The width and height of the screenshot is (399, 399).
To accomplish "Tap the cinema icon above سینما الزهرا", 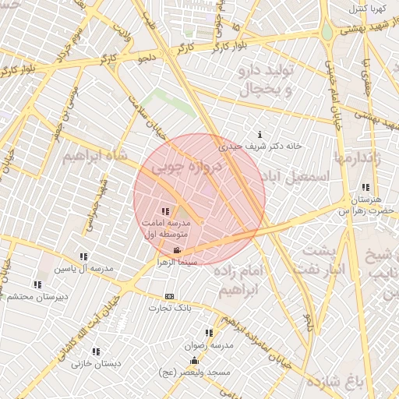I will point(178,250).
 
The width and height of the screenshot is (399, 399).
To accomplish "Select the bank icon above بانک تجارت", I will point(169,297).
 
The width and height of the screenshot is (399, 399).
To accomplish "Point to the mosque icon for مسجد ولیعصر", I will point(194,361).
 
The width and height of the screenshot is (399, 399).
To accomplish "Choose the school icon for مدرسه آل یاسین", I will point(83,256).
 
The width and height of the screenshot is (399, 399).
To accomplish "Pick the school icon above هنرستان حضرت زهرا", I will point(366,187).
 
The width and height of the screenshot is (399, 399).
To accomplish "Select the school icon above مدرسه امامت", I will point(164,211).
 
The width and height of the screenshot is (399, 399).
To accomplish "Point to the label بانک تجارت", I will point(174,309).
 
